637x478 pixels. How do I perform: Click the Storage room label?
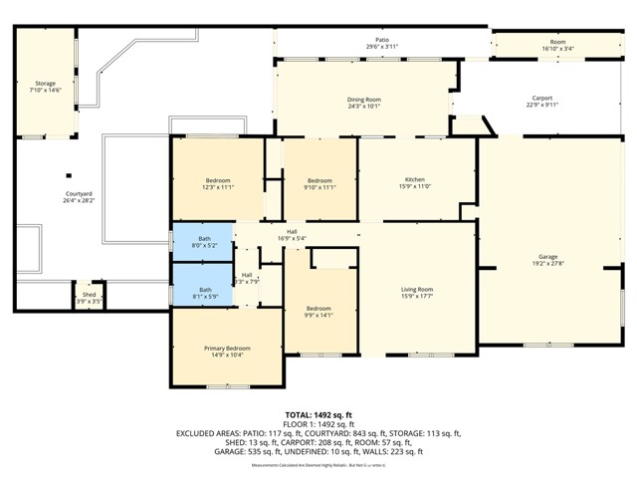point(45,84)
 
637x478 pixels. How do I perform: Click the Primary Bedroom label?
point(227,348)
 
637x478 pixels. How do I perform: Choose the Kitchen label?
point(415,180)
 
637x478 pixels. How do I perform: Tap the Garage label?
point(547,257)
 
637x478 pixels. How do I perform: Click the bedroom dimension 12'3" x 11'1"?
point(218,186)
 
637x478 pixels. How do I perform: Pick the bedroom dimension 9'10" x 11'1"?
point(319,186)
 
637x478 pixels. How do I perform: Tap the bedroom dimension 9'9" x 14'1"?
point(318,314)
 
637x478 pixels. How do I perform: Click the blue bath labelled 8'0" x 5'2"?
point(204,242)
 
